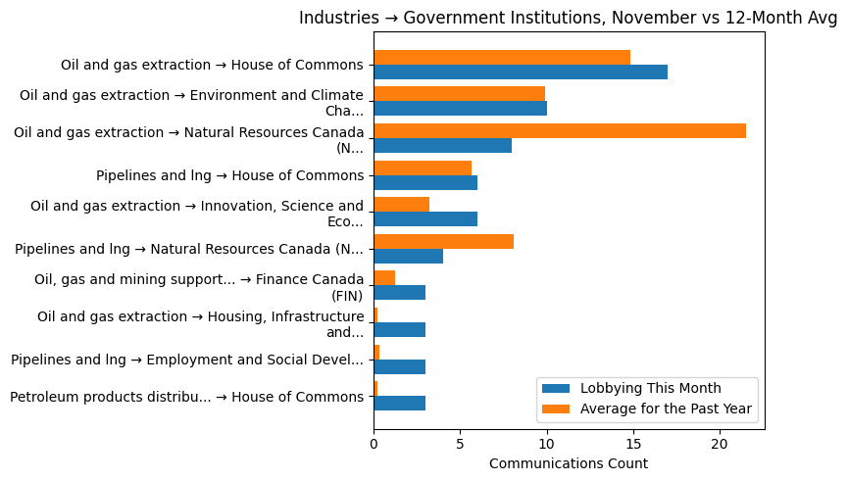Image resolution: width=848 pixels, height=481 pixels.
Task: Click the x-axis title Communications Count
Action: click(569, 462)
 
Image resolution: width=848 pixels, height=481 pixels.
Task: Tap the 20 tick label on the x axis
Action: click(720, 443)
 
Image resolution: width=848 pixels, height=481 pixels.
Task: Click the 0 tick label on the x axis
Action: click(374, 443)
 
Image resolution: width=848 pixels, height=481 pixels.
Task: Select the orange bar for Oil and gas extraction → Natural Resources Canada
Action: click(559, 131)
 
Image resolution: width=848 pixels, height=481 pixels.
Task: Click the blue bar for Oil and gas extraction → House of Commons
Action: click(520, 72)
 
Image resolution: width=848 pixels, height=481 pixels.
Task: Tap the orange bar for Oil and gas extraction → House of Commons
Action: click(501, 58)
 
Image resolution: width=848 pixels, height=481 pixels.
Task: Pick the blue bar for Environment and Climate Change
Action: click(460, 109)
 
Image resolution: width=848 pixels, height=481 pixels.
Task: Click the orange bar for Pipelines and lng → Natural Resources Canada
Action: click(443, 242)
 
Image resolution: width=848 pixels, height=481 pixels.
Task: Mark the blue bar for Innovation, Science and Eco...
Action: click(425, 219)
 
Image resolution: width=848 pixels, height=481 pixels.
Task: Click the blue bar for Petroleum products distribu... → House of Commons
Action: click(399, 404)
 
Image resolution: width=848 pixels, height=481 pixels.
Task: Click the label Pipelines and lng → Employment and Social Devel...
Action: click(186, 360)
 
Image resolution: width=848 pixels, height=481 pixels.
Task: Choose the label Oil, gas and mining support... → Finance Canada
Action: click(198, 287)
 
